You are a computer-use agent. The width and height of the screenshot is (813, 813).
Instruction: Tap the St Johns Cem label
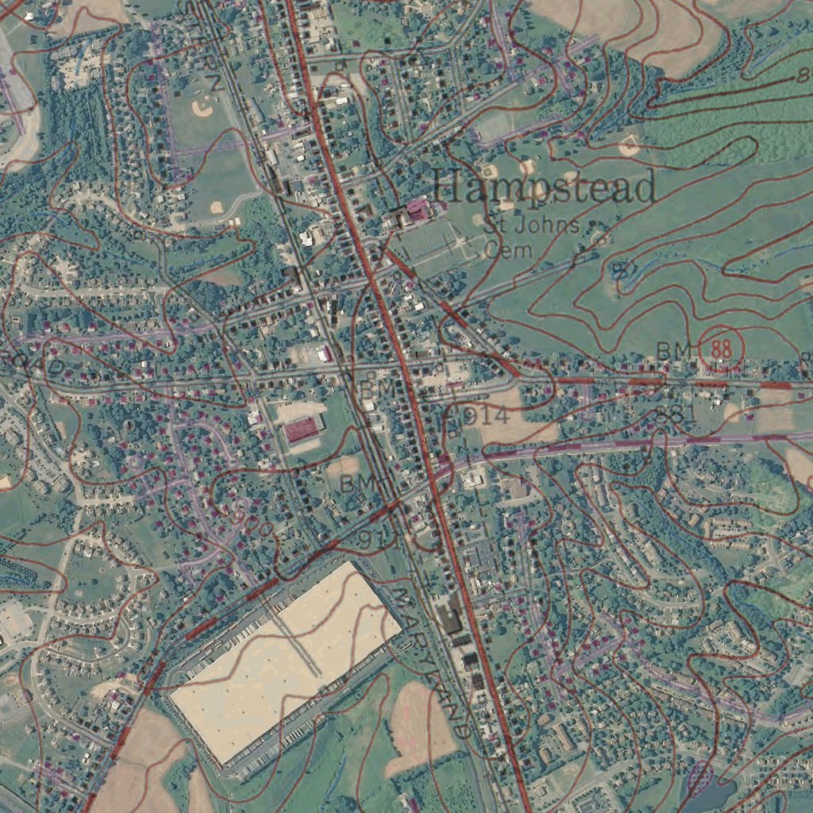point(531,237)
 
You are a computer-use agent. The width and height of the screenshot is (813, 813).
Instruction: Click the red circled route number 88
point(722,349)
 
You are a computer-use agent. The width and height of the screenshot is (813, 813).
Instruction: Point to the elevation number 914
point(480,415)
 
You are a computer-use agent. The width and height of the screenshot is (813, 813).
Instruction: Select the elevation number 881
point(676,414)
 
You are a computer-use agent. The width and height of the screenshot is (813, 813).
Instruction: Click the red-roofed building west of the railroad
point(302,430)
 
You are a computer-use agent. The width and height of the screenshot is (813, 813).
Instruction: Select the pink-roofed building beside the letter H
point(417,210)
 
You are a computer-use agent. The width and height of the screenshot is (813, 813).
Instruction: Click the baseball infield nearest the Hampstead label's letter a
point(490,171)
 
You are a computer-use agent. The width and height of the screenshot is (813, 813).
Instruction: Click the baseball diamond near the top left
point(203,108)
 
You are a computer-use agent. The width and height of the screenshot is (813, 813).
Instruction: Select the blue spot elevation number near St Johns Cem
point(624,271)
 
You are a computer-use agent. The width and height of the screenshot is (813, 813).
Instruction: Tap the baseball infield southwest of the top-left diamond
point(216,208)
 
